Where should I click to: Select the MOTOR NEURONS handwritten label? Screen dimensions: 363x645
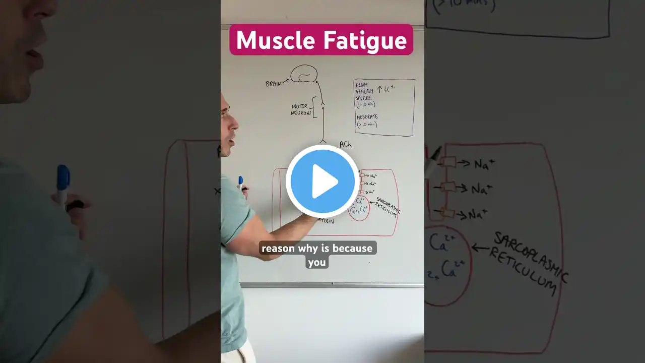point(300,109)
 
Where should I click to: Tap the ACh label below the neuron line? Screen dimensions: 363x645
point(345,145)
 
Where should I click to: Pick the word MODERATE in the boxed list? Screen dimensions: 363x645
point(368,117)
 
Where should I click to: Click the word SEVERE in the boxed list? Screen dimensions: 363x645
point(364,98)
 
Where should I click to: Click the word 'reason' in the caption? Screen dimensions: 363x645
point(278,248)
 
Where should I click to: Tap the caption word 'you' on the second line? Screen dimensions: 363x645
point(317,262)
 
